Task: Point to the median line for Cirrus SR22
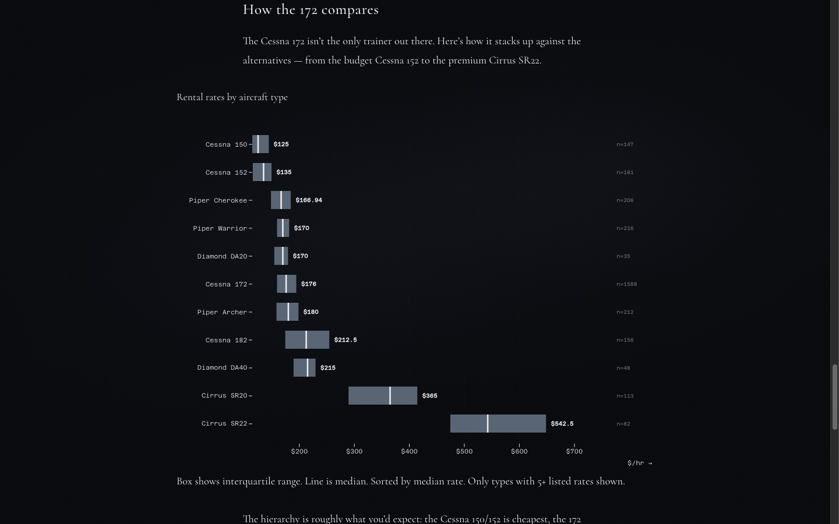(x=488, y=423)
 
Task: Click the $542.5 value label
(x=562, y=424)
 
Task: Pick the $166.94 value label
(x=308, y=200)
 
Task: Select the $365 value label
(x=429, y=396)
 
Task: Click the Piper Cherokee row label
(x=218, y=200)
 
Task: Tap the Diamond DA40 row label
(x=222, y=367)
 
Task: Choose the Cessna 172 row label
(x=226, y=284)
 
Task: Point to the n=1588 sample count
(x=626, y=284)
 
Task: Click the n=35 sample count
(x=623, y=256)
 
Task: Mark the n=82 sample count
(x=623, y=424)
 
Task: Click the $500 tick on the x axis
(x=464, y=451)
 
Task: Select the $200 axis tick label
(x=299, y=451)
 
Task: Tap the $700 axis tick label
(x=574, y=451)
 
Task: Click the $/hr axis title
(x=639, y=463)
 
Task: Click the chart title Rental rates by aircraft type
(x=232, y=97)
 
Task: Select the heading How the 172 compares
(x=311, y=10)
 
